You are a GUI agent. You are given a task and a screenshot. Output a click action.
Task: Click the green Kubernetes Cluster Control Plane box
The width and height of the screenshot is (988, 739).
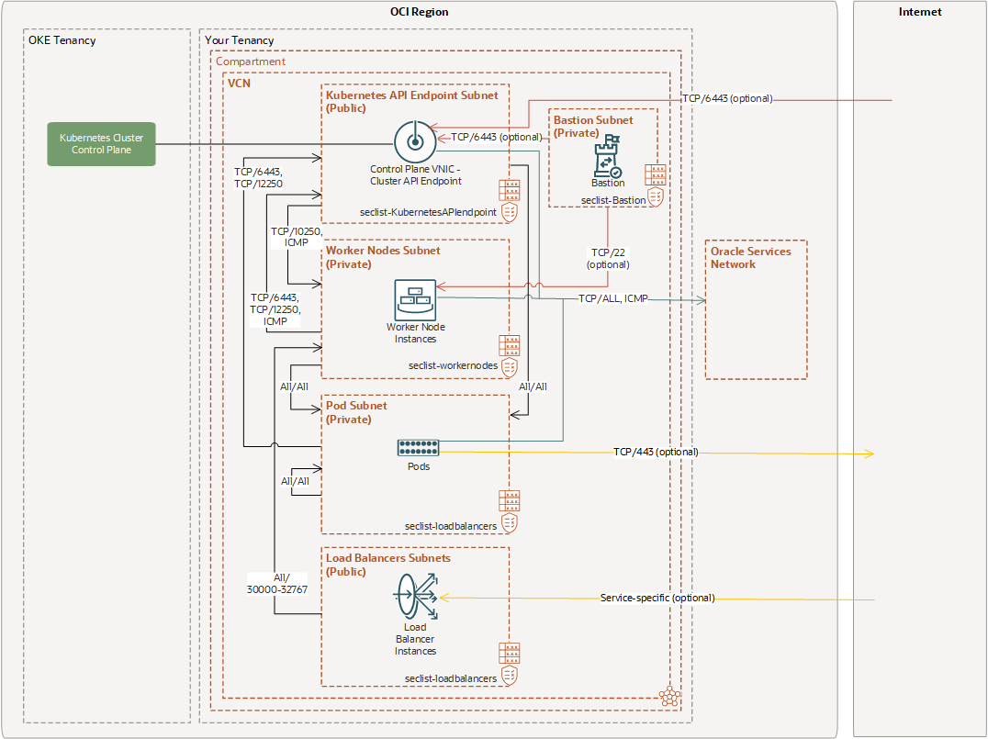[x=101, y=144]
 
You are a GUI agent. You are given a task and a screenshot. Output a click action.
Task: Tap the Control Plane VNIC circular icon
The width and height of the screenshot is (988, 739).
[x=412, y=141]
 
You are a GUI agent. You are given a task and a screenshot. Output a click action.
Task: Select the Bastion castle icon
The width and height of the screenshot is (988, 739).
[x=607, y=157]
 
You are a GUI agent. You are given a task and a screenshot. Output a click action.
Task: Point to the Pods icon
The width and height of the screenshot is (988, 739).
[x=418, y=448]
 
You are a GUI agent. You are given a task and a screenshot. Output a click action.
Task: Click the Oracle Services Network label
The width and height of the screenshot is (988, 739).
[x=750, y=257]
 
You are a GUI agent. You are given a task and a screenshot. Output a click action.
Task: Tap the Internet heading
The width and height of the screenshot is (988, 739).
[x=920, y=12]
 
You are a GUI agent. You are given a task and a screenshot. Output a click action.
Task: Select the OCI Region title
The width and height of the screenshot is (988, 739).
[x=419, y=12]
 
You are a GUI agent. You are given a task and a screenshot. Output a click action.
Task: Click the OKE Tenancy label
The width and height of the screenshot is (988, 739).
[x=62, y=40]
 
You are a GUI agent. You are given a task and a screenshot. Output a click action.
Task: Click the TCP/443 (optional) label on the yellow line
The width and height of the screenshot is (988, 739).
[x=656, y=452]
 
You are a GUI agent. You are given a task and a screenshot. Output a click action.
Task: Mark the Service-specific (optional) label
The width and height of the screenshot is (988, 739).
[x=657, y=598]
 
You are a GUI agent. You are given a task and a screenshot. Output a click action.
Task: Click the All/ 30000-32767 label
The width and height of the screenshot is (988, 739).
[x=276, y=584]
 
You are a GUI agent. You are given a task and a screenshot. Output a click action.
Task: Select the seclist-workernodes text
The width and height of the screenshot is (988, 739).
[x=453, y=365]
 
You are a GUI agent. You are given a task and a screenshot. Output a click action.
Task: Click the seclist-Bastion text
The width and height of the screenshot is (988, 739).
[x=613, y=199]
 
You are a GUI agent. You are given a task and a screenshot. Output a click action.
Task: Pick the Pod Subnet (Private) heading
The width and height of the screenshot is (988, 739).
[x=357, y=412]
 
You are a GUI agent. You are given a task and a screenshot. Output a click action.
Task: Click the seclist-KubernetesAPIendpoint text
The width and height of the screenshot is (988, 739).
[x=428, y=212]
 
